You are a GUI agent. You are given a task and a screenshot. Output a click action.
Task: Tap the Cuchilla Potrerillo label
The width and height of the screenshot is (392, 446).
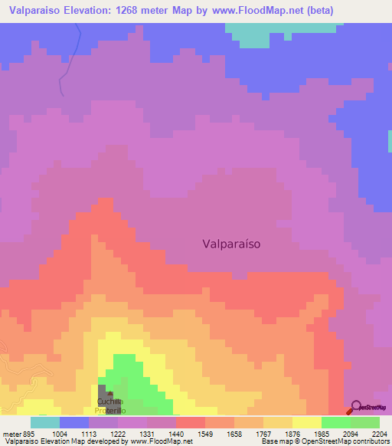pos(109,406)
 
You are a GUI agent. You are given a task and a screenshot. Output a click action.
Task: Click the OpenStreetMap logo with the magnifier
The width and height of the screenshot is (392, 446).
pos(368,407)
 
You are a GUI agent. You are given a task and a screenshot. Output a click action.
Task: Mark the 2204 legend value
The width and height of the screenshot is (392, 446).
pos(381,434)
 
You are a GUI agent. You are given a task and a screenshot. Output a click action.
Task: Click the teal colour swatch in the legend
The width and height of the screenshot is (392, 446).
pos(45,422)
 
